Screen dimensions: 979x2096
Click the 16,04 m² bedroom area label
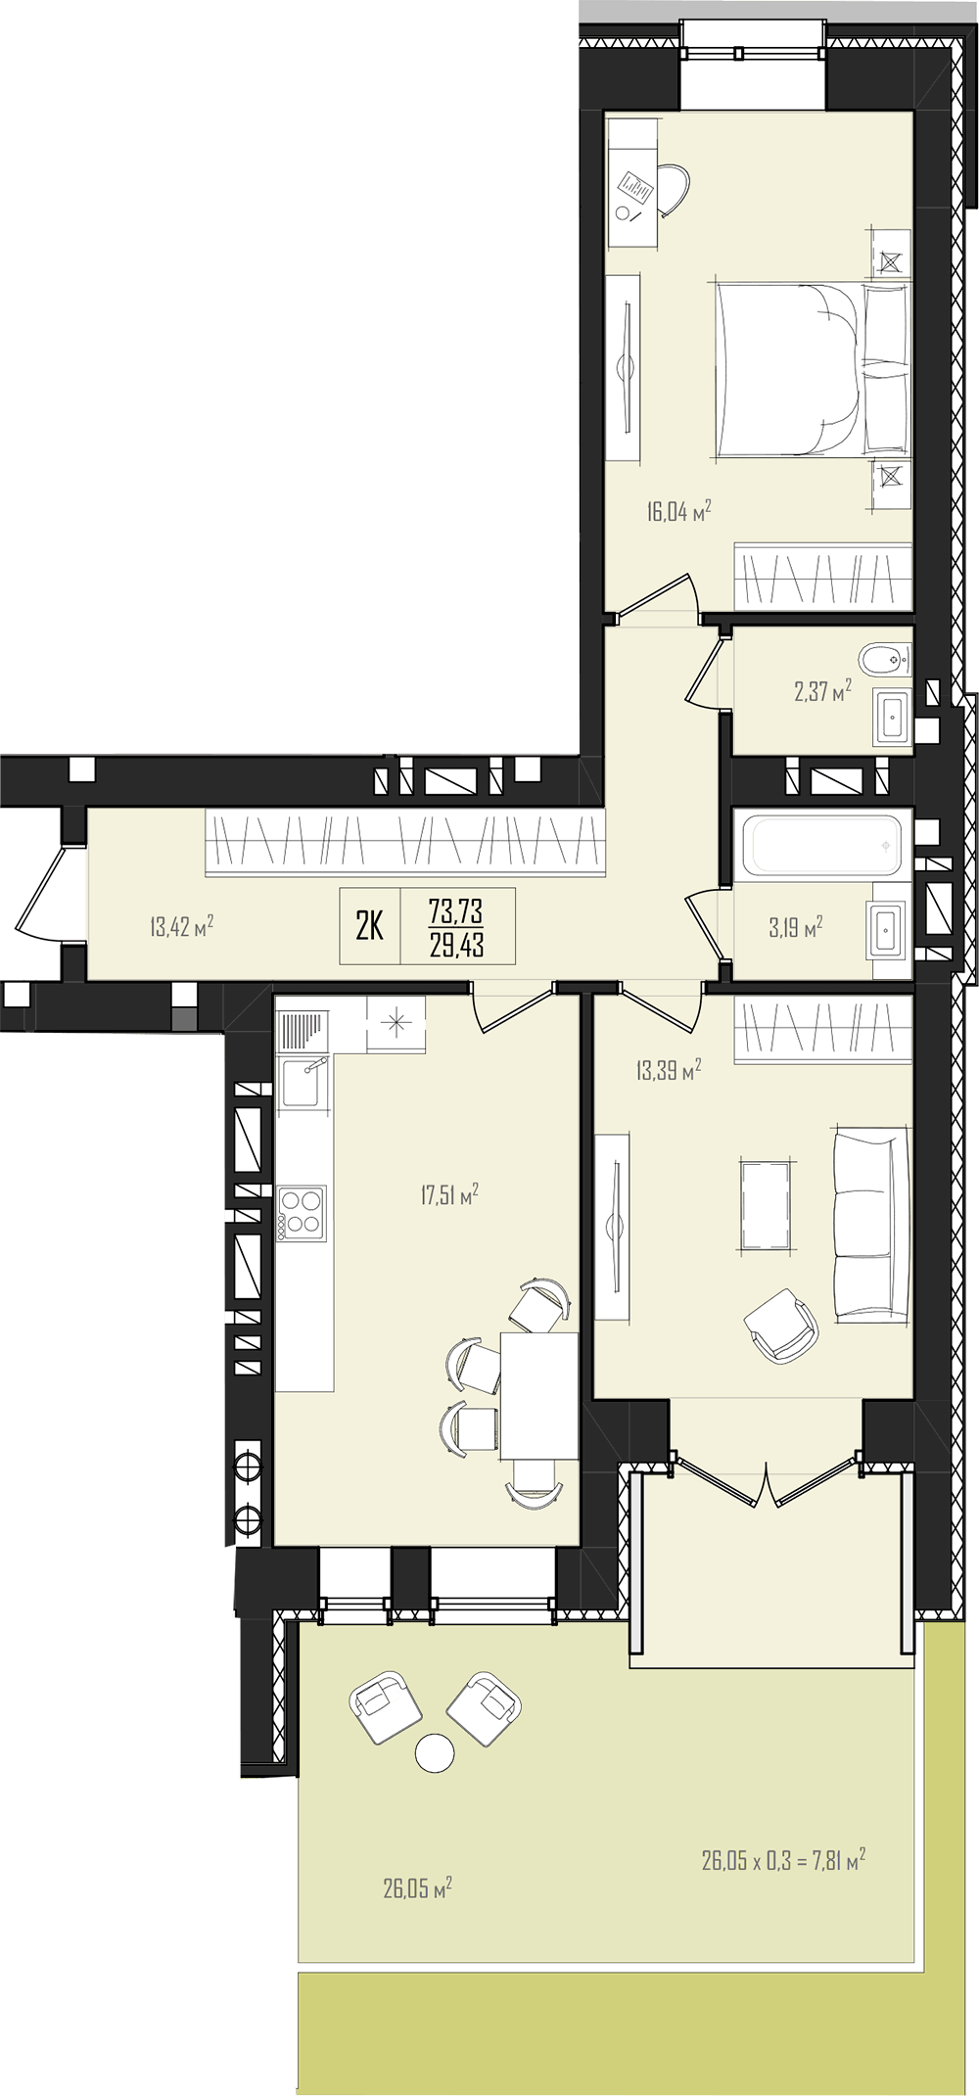pyautogui.click(x=678, y=511)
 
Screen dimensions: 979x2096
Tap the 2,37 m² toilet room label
pyautogui.click(x=822, y=692)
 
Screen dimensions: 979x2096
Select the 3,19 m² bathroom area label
pyautogui.click(x=795, y=927)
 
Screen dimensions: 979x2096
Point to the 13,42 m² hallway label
pyautogui.click(x=181, y=926)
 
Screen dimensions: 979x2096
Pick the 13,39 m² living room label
pyautogui.click(x=669, y=1070)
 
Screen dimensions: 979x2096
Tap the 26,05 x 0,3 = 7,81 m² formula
pyautogui.click(x=783, y=1859)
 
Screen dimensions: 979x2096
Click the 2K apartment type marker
pyautogui.click(x=370, y=925)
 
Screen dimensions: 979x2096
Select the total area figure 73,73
pyautogui.click(x=456, y=910)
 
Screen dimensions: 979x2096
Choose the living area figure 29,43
pyautogui.click(x=456, y=945)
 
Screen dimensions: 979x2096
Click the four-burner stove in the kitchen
pyautogui.click(x=302, y=1214)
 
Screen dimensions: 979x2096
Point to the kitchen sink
pyautogui.click(x=302, y=1083)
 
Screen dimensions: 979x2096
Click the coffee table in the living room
pyautogui.click(x=766, y=1205)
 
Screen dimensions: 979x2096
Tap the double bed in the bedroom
pyautogui.click(x=813, y=370)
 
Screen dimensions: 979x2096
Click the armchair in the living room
pyautogui.click(x=781, y=1326)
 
